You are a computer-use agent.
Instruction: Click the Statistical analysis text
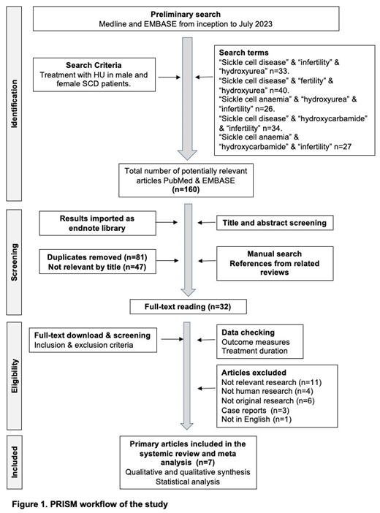pyautogui.click(x=190, y=482)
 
